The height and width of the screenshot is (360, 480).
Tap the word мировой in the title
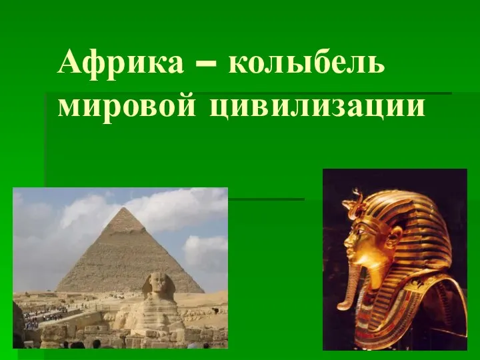127,107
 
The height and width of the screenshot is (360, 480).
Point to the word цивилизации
316,107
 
